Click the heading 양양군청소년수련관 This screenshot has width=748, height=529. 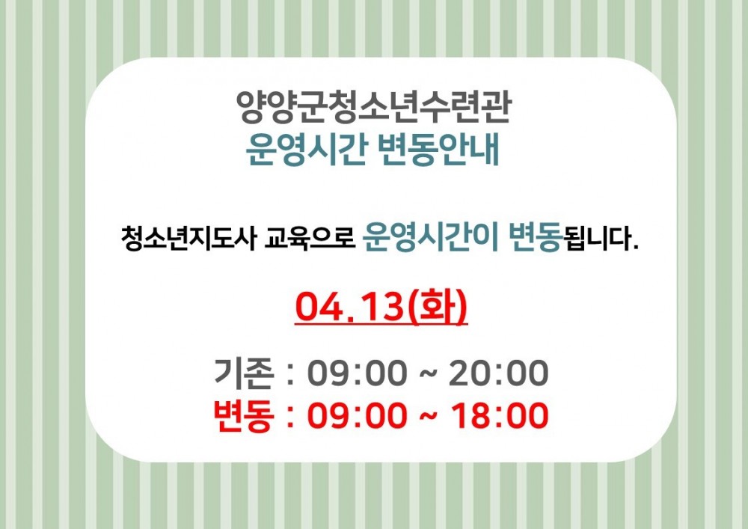click(x=373, y=107)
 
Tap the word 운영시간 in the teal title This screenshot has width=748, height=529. click(x=306, y=150)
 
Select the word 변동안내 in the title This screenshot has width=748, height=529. click(x=438, y=150)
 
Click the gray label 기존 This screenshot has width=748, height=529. click(x=245, y=373)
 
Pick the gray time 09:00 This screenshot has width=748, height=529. click(x=358, y=373)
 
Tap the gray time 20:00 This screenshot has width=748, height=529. click(x=499, y=373)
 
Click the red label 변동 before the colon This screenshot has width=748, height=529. click(x=245, y=415)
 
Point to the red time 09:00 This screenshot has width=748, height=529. click(x=358, y=415)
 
